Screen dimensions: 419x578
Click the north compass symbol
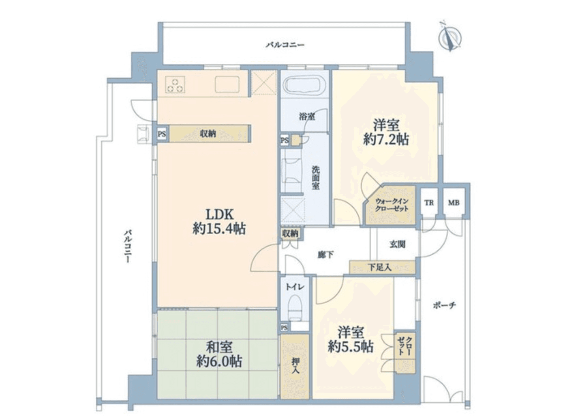[450, 37]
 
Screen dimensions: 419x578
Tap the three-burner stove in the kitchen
[176, 84]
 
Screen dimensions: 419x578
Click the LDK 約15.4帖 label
[219, 221]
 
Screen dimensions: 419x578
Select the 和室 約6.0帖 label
[219, 354]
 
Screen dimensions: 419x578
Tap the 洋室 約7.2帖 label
[385, 132]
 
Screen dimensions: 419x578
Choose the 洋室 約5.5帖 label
[351, 340]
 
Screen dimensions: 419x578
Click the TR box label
[429, 202]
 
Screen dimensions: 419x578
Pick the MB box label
[454, 202]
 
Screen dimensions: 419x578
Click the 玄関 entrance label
[397, 244]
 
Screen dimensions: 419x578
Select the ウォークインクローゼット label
[391, 205]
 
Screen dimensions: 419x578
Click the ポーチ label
[444, 305]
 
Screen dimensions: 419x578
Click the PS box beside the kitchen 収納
[162, 134]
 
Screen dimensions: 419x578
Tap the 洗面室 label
[315, 177]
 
